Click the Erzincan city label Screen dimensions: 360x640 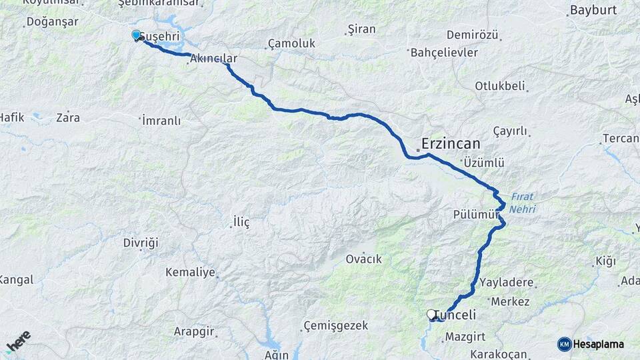coord(451,143)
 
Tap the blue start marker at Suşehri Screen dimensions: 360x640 coord(137,35)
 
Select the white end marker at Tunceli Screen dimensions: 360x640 coord(431,313)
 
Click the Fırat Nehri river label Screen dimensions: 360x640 coord(522,203)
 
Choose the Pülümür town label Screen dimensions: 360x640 coord(476,215)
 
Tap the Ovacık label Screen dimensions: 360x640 coord(364,259)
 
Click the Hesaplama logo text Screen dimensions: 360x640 coord(598,344)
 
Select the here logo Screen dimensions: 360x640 coord(17,341)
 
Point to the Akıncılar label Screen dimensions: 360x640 coord(213,59)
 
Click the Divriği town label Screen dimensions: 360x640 coord(141,243)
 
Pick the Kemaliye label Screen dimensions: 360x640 coord(190,272)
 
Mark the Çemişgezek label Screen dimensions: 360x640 coord(335,325)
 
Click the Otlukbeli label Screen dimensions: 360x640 coord(500,86)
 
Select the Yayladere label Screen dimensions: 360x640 coord(506,282)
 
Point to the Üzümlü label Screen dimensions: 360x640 coord(483,163)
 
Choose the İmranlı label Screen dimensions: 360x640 coord(161,121)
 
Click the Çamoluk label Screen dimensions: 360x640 coord(291,43)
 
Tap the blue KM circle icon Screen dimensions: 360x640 coord(564,344)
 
